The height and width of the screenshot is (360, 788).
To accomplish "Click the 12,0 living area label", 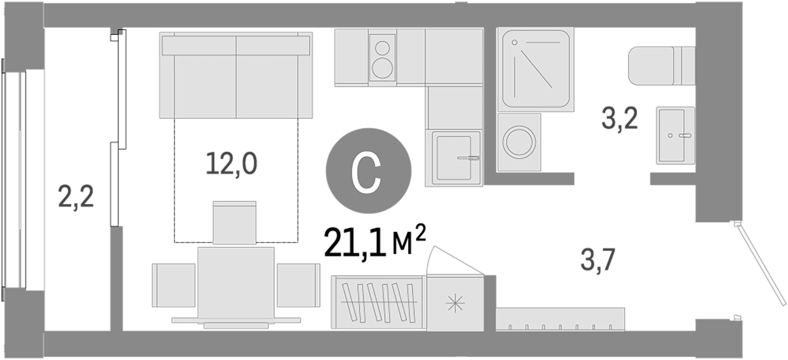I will click(x=232, y=164).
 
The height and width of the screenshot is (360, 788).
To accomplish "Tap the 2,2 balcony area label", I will click(x=76, y=196).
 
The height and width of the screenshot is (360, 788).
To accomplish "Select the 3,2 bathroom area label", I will click(x=620, y=119).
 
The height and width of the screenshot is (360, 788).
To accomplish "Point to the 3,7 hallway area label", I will click(x=598, y=260).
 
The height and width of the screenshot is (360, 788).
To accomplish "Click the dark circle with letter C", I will click(x=368, y=171).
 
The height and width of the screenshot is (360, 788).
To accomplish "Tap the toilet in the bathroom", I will click(x=661, y=66).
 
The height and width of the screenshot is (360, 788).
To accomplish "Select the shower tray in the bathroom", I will click(x=535, y=69).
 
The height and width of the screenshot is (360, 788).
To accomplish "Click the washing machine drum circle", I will click(x=519, y=142).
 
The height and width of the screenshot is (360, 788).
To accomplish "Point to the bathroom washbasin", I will click(x=675, y=135).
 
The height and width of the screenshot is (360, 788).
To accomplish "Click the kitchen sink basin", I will click(x=454, y=158).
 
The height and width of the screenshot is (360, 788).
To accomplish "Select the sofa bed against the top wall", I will click(x=236, y=75).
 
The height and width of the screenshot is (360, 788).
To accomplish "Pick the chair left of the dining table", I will click(x=174, y=285).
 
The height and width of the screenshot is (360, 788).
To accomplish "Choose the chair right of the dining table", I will click(x=298, y=285).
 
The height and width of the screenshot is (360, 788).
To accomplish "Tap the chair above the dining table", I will click(x=235, y=222).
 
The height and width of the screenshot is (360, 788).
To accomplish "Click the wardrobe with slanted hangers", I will click(x=378, y=302).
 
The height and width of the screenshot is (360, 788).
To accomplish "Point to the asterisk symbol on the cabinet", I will click(x=455, y=303).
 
